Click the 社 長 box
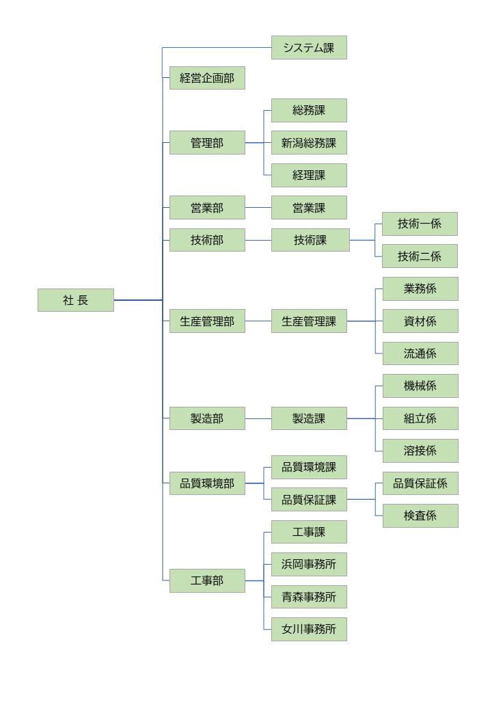(76, 300)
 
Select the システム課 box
(309, 48)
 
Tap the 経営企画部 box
(207, 79)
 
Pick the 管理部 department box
(207, 143)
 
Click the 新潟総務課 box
(309, 143)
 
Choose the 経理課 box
(309, 175)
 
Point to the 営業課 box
(309, 207)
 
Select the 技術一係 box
(420, 224)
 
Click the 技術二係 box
(420, 256)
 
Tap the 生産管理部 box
(207, 321)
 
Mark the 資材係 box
(420, 321)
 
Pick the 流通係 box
(420, 353)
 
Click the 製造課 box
(309, 418)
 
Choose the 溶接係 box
(420, 451)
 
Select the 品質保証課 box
(309, 500)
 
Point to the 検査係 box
(420, 516)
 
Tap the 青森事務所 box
(309, 597)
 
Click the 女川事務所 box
(309, 629)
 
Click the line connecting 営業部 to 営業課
(258, 207)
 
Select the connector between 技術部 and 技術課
(258, 240)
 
